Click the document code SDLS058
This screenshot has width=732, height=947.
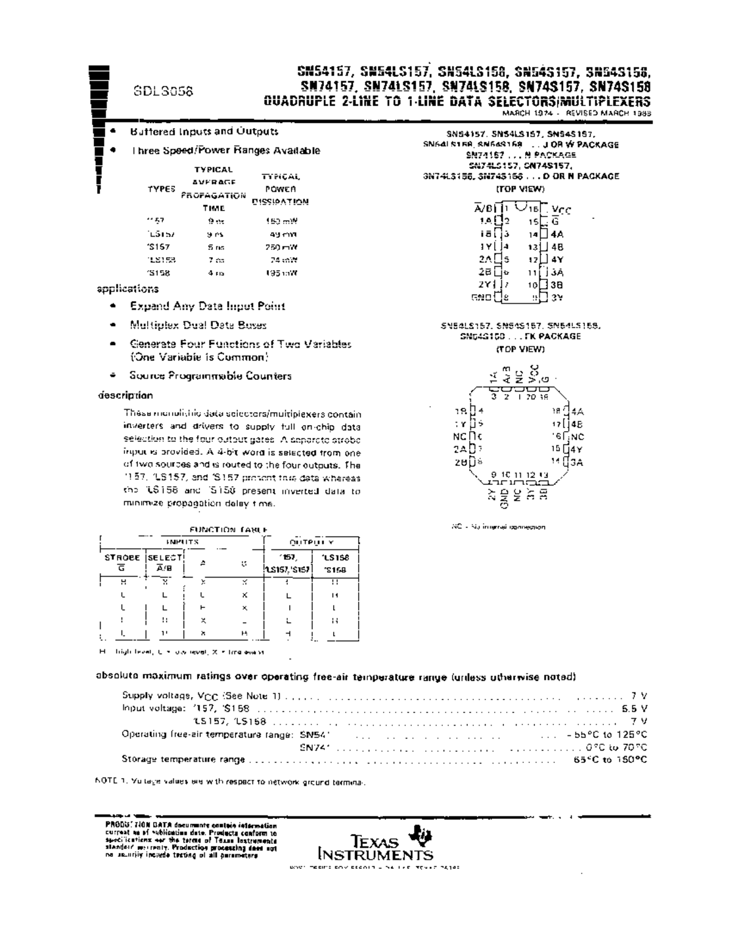coord(163,91)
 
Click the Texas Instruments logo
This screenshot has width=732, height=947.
coord(376,845)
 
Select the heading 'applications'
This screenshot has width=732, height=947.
coord(127,289)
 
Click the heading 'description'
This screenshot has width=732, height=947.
coord(125,395)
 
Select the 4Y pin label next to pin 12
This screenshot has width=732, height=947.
coord(557,260)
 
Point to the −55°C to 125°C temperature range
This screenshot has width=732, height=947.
coord(611,734)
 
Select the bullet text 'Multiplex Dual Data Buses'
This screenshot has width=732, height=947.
coord(198,325)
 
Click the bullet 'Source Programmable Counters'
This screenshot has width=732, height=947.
coord(210,376)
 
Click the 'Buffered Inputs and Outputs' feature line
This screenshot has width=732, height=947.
coord(204,131)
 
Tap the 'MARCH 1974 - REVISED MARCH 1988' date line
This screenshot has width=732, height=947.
coord(576,113)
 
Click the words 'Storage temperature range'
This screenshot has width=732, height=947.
coord(183,759)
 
